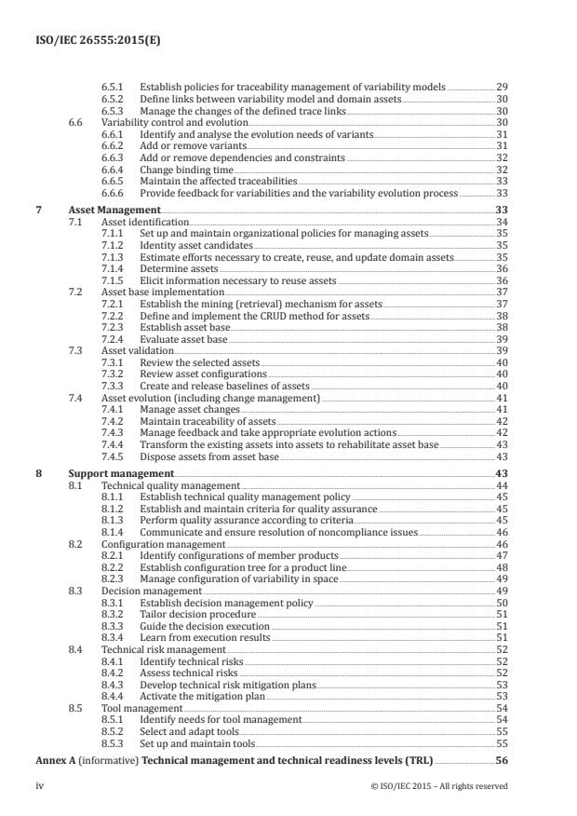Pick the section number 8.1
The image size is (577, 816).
tap(78, 486)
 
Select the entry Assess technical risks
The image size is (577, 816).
tap(188, 673)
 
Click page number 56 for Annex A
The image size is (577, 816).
tap(500, 761)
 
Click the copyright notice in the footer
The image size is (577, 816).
tap(438, 786)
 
